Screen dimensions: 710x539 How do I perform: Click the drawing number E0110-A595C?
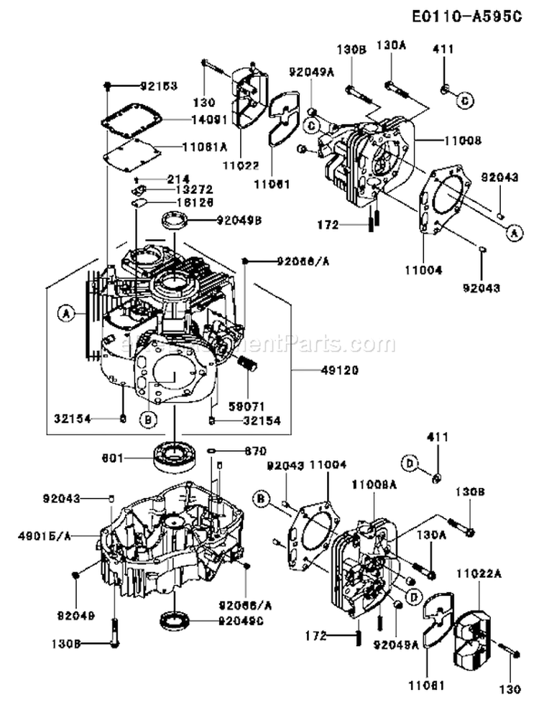coord(466,17)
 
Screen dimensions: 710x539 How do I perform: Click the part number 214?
coord(177,177)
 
